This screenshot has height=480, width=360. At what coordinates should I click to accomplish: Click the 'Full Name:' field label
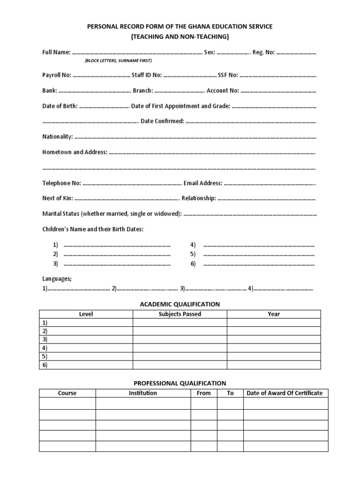(56, 52)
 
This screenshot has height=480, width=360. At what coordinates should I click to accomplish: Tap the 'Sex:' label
(210, 52)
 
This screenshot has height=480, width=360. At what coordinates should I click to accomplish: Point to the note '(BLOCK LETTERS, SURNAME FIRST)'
(118, 61)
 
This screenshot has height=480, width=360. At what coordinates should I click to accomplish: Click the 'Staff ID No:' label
(147, 75)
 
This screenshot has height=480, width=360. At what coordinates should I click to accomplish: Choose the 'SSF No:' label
(228, 75)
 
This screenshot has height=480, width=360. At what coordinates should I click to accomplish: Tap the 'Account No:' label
(223, 90)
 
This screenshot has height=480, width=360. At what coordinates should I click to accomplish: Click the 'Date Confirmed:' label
(162, 121)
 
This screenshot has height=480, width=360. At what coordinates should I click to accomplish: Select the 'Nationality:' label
(57, 136)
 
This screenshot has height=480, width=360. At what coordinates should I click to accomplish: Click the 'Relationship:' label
(199, 198)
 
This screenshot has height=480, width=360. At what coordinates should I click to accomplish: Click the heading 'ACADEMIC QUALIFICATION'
(180, 304)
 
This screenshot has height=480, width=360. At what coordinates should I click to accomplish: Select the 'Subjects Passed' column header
(180, 314)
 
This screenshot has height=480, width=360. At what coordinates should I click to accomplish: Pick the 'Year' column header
(274, 314)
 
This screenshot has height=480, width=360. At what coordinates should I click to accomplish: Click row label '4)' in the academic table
(45, 348)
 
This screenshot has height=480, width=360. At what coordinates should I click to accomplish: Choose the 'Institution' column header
(143, 393)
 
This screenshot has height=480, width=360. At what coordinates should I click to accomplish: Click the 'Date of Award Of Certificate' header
(285, 393)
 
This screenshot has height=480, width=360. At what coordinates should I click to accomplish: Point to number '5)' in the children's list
(193, 254)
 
